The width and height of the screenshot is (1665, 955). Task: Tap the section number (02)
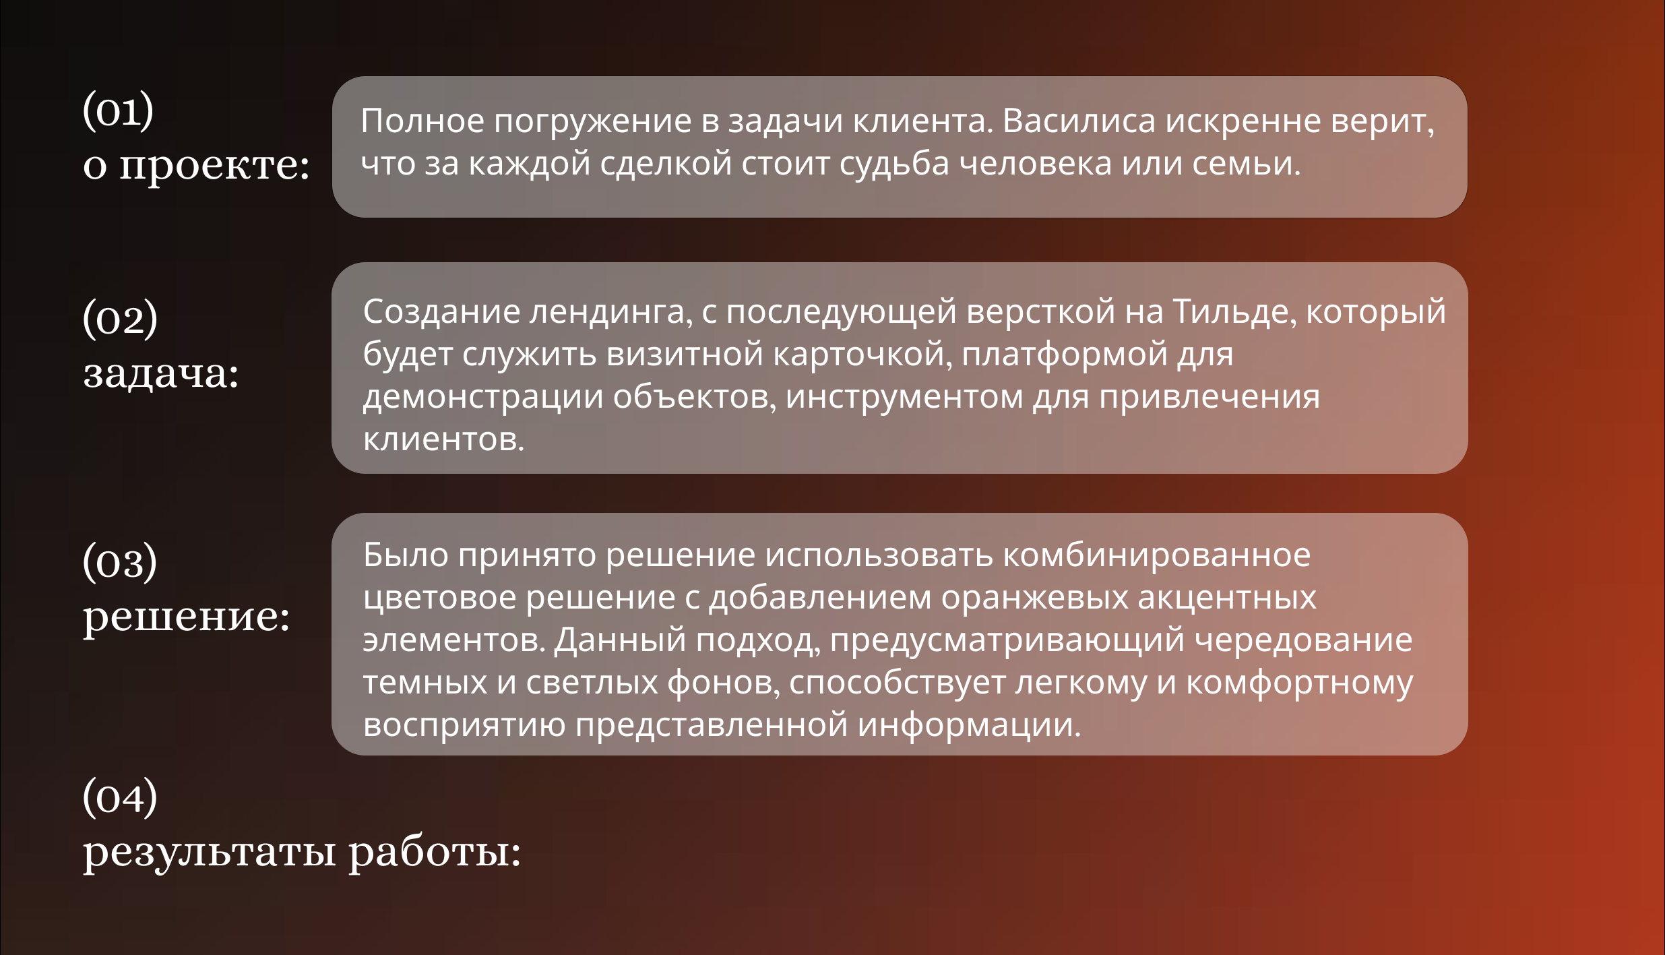tap(120, 318)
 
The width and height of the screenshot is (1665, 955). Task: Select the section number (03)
tap(120, 561)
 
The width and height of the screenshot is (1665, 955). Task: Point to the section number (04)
tap(120, 797)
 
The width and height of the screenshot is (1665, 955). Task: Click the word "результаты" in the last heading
tap(210, 853)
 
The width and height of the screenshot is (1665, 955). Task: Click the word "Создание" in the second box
tap(441, 312)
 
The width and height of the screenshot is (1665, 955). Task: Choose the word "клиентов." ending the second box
tap(443, 439)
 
